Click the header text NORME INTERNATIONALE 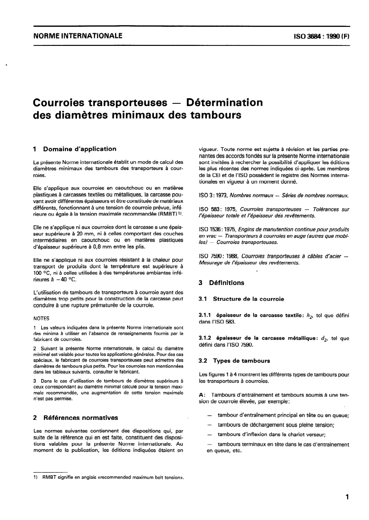(74, 36)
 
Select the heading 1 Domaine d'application (75, 149)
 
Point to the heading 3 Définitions (222, 282)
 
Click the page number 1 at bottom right (346, 497)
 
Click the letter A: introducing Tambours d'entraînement (202, 394)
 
